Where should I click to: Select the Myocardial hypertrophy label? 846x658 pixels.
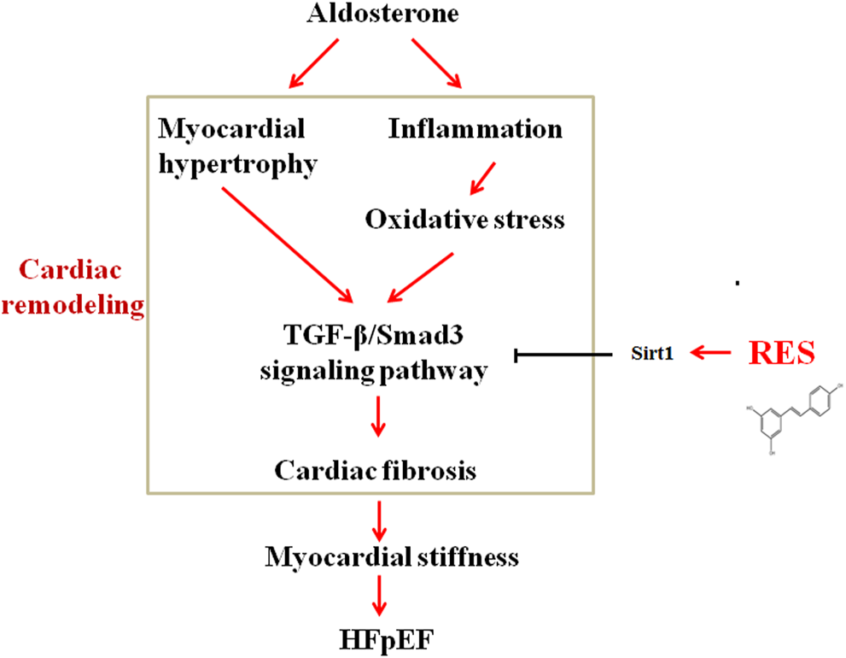click(236, 146)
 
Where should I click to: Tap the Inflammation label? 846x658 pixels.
click(476, 129)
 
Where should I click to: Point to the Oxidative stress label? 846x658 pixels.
click(465, 220)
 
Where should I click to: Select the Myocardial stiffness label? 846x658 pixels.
click(392, 558)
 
